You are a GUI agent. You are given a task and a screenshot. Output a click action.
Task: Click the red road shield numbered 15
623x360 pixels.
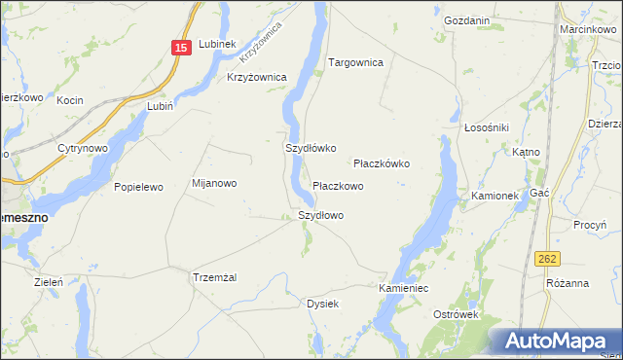pos(182,48)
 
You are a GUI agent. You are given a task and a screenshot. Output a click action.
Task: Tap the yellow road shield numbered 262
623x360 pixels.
pos(547,258)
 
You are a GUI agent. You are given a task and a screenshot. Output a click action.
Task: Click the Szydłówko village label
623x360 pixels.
pos(310,149)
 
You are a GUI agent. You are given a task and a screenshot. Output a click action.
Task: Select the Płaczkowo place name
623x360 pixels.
pos(338,186)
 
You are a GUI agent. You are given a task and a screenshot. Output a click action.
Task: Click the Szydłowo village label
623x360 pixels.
pos(320,215)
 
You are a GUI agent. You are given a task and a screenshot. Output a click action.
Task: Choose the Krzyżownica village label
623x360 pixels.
pos(256,77)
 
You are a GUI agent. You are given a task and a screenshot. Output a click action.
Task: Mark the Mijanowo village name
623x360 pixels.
pos(214,183)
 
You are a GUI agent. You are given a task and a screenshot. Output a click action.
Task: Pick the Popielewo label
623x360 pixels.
pos(138,186)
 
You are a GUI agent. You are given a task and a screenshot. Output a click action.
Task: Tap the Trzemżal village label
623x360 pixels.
pos(215,277)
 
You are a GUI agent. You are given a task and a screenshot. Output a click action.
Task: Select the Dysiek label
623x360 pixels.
pos(322,304)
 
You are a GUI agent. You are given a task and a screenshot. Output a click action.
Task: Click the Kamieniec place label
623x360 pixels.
pos(404,289)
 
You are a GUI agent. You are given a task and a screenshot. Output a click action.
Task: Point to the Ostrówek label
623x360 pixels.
pos(458,315)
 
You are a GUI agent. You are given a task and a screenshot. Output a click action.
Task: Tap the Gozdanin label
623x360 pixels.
pos(465,20)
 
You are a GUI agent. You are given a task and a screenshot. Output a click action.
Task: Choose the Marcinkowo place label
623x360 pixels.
pos(585,30)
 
